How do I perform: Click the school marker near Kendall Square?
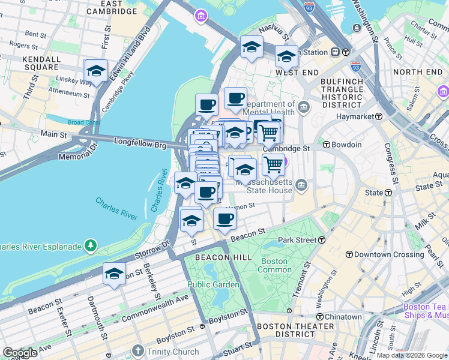(96, 71)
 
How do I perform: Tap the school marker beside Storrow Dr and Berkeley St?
(113, 274)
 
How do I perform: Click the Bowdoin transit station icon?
(327, 145)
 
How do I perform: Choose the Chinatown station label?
(343, 317)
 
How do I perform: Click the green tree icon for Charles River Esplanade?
(90, 245)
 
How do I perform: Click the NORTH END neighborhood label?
(418, 72)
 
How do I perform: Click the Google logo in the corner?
(20, 353)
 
